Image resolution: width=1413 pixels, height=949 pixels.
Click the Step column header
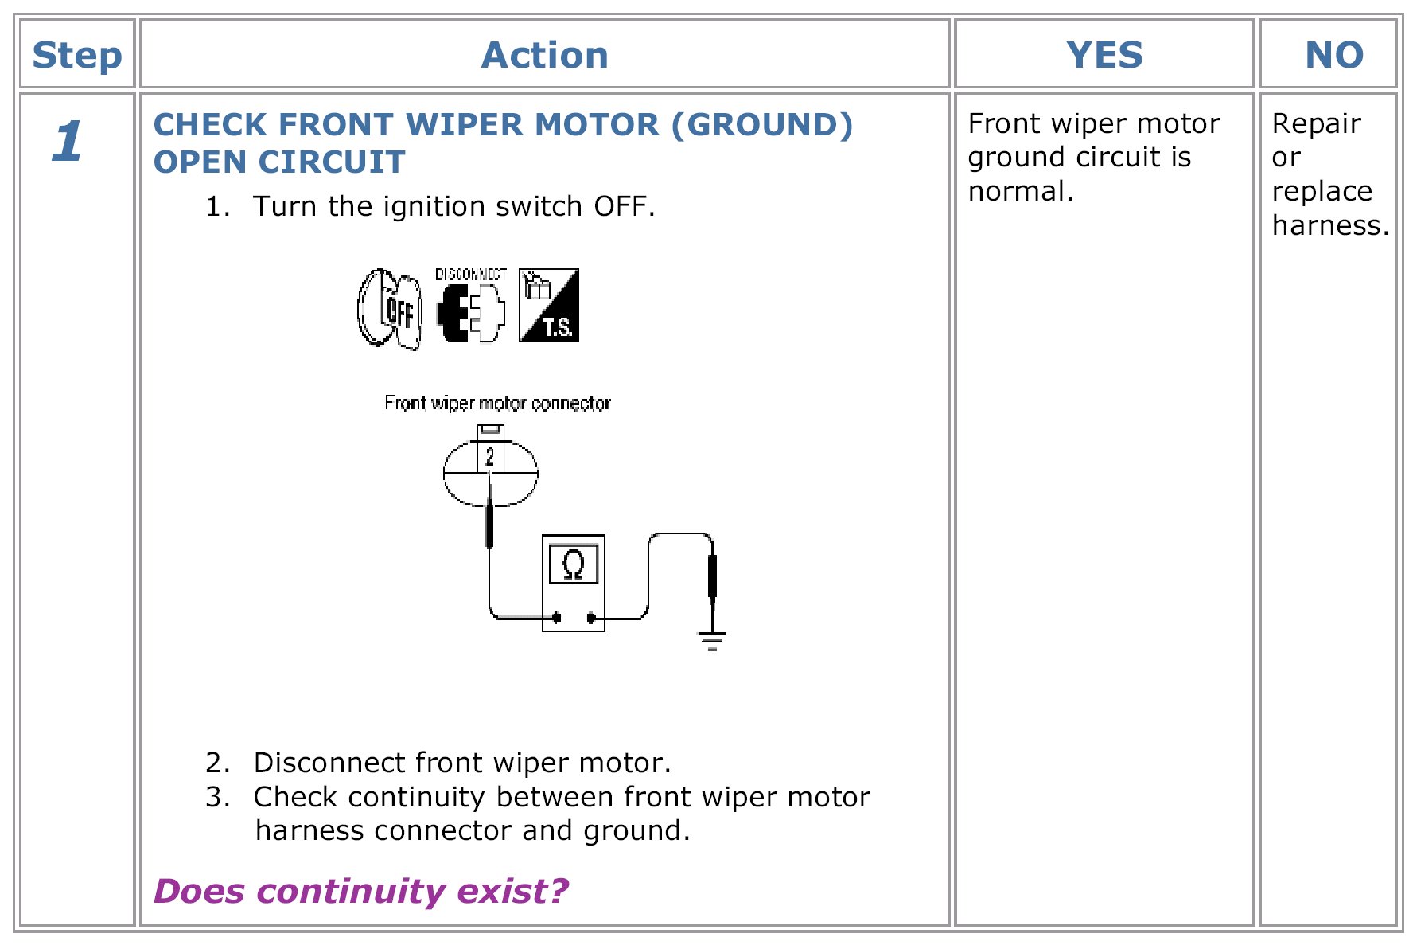pos(77,55)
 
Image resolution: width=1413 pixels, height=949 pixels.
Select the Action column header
pos(545,55)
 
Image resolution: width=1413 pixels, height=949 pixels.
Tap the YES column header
pos(1104,55)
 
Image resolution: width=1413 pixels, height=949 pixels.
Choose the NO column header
pos(1334,55)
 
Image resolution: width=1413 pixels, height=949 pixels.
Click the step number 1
pos(68,142)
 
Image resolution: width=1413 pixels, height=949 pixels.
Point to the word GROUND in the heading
pos(761,125)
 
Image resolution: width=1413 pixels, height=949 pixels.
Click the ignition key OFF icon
pos(390,309)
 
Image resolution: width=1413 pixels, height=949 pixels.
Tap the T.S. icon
pos(549,306)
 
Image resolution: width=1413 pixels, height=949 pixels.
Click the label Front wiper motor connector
pos(497,404)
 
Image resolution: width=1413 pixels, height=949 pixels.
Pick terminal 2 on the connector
pos(490,457)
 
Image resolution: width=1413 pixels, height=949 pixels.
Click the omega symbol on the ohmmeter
pos(573,564)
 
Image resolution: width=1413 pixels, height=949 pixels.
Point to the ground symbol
pos(712,639)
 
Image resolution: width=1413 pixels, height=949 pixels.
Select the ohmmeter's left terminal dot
pos(557,617)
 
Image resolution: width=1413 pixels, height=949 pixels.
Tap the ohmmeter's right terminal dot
pos(591,617)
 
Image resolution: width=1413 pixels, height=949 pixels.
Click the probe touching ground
pos(712,576)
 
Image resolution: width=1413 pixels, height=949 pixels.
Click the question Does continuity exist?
pos(361,891)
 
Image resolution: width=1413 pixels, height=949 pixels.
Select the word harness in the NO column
pos(1329,225)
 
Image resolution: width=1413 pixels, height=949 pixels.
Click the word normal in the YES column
pos(1020,191)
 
